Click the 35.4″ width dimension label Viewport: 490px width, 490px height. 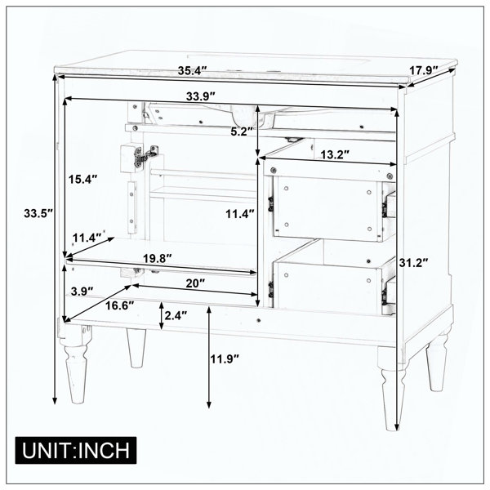193,70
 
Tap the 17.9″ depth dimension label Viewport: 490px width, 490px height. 424,70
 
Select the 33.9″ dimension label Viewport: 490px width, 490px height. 201,96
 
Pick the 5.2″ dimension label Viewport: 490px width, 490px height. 242,131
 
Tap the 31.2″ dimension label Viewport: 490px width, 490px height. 413,263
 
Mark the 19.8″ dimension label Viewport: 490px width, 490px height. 158,258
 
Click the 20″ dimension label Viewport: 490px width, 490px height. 195,283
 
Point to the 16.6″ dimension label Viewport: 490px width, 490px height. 119,305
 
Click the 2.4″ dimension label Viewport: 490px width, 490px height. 176,315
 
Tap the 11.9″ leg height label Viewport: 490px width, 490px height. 225,359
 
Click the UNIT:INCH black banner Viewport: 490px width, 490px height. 76,450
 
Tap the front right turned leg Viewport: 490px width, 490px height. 393,387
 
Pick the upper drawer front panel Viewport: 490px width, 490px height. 327,208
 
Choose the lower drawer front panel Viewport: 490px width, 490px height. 327,287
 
